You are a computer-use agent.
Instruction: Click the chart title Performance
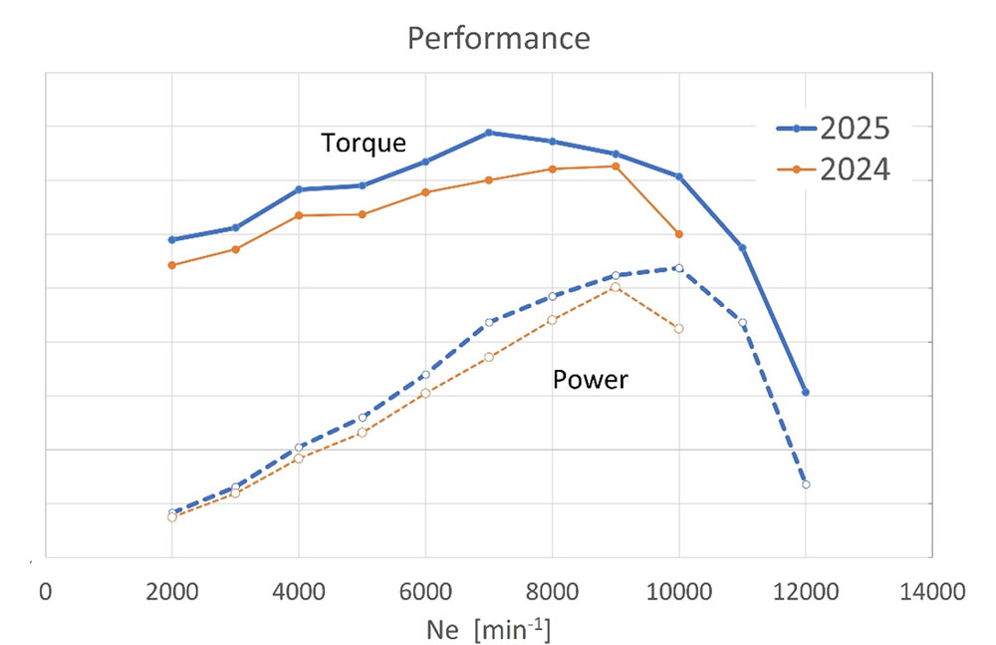click(498, 39)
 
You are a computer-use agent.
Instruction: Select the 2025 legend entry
click(854, 129)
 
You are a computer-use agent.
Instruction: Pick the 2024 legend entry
click(854, 170)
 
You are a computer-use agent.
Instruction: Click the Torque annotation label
click(364, 143)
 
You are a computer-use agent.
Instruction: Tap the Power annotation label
click(590, 379)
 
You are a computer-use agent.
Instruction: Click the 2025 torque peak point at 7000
click(489, 133)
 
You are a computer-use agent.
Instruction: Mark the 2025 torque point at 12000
click(805, 393)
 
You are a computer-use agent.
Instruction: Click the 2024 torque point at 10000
click(679, 234)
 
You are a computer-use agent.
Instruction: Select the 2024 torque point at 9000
click(616, 165)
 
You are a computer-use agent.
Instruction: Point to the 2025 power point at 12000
click(805, 484)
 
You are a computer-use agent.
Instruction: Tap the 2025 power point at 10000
click(679, 268)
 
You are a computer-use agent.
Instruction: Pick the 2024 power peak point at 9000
click(616, 287)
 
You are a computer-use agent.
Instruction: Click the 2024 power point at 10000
click(679, 328)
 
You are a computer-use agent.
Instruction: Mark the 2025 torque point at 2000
click(172, 239)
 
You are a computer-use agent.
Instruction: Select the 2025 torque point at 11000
click(742, 247)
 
